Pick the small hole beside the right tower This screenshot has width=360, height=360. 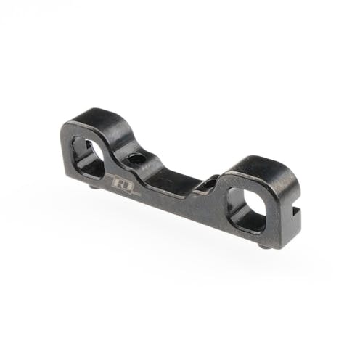coord(206,185)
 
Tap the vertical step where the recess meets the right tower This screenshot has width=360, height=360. coord(218,183)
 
